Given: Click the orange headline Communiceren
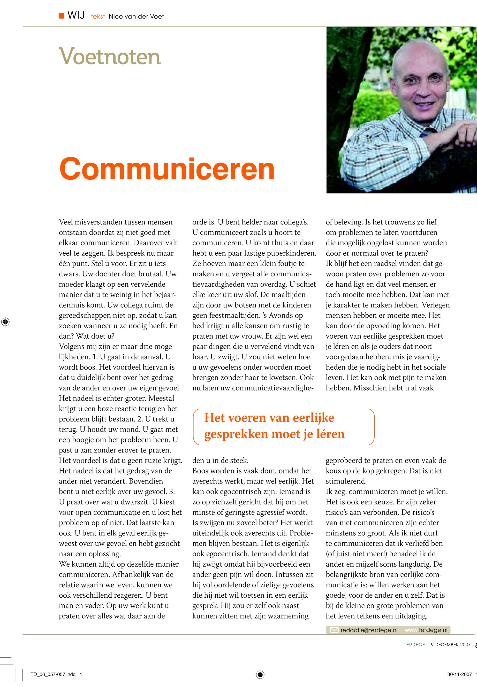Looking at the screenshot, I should (x=167, y=169).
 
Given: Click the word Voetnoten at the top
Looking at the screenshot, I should (x=110, y=56).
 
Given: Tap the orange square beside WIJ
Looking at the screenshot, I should (x=62, y=16).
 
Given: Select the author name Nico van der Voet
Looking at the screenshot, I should (x=136, y=17).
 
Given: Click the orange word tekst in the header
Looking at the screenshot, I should (x=98, y=17).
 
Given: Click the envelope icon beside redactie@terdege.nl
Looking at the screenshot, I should (x=334, y=630).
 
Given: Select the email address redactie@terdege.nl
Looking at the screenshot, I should (x=369, y=630).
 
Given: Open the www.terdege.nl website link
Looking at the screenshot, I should (x=426, y=630).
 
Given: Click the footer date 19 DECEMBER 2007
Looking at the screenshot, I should (x=450, y=645).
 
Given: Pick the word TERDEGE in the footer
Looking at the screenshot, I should (x=414, y=645).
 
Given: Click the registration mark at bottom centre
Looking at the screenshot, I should (x=260, y=674).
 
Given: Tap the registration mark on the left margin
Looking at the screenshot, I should (x=5, y=322).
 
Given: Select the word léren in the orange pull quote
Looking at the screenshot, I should (x=330, y=434).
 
